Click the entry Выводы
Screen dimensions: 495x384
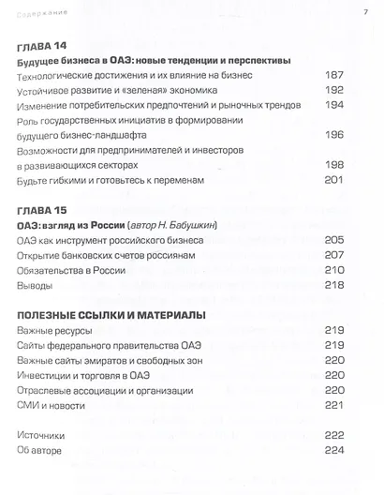pyautogui.click(x=35, y=285)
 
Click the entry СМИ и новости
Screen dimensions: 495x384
pyautogui.click(x=52, y=405)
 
